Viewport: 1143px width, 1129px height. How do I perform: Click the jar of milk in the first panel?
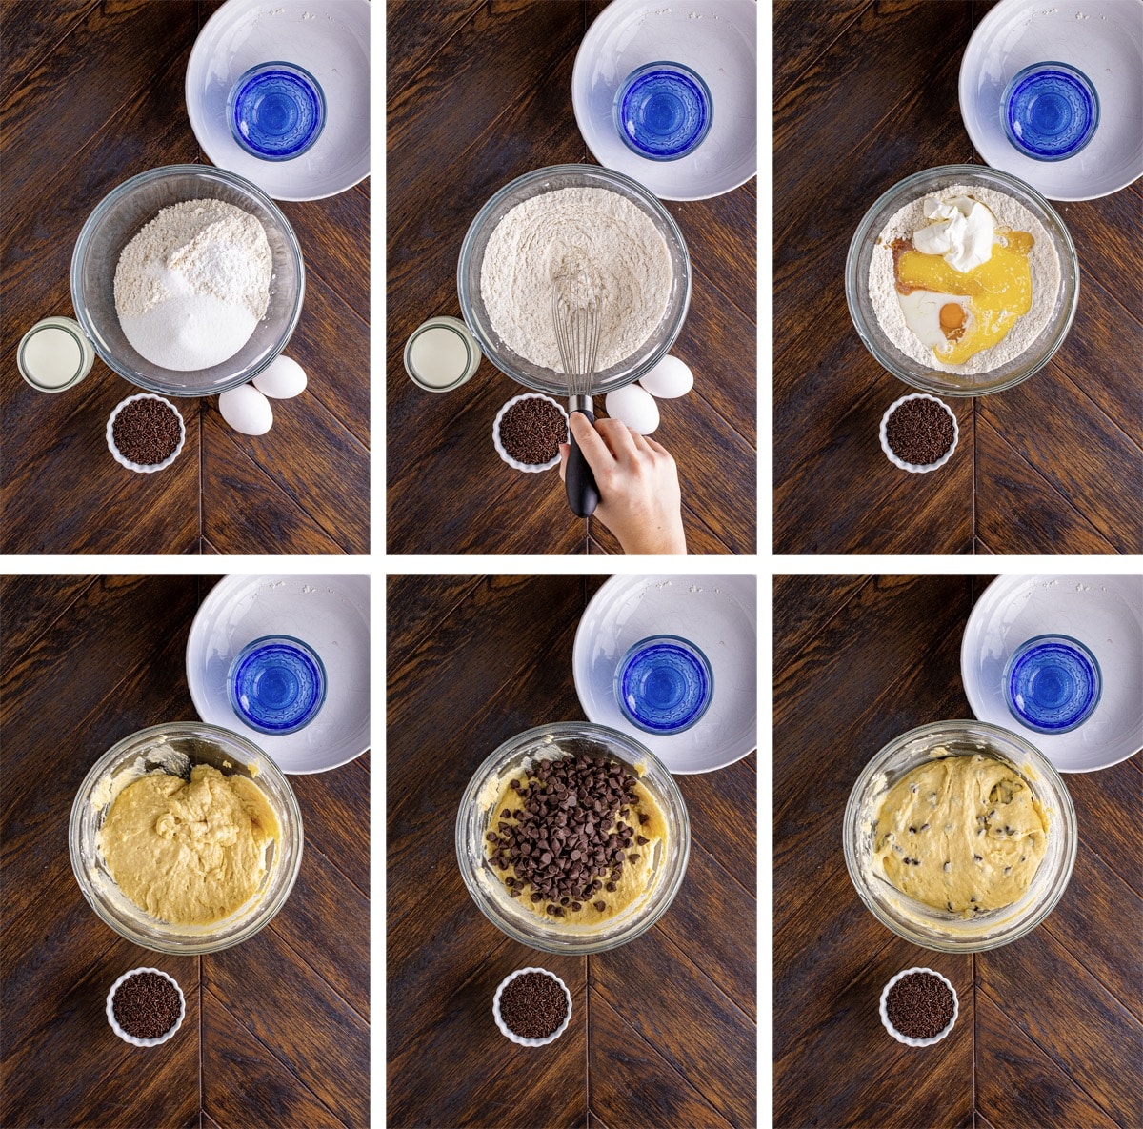coord(54,355)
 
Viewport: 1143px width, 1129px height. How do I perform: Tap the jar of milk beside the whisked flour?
coord(441,355)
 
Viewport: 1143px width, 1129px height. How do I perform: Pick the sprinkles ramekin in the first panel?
coord(146,433)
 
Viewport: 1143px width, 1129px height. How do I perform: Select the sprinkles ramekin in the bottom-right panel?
coord(919,1006)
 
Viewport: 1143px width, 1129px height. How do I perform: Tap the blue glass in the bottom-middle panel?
coord(664,684)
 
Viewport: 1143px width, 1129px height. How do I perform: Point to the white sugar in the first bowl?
coord(190,329)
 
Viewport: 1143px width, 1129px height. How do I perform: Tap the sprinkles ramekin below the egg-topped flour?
coord(919,433)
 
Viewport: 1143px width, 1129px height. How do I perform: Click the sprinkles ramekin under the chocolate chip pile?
coord(532,1006)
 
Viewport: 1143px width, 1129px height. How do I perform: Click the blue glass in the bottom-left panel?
coord(276,684)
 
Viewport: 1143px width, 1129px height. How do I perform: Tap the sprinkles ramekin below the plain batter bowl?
coord(146,1006)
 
